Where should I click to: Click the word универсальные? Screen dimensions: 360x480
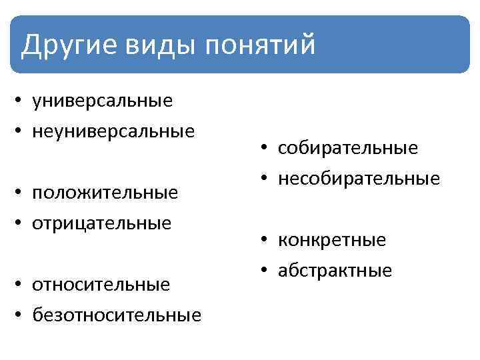(103, 101)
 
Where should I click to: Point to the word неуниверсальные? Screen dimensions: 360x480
(114, 130)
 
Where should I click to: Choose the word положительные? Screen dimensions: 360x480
(105, 193)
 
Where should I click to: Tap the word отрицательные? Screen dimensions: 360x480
(102, 222)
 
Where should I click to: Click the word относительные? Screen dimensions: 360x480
(101, 285)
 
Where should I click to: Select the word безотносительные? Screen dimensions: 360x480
(117, 314)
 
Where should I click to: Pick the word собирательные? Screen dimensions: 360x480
(349, 148)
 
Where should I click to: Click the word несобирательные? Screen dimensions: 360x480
(359, 178)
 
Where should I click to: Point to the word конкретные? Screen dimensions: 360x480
(333, 240)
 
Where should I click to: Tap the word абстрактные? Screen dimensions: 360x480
(335, 270)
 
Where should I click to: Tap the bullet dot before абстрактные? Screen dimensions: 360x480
(265, 271)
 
